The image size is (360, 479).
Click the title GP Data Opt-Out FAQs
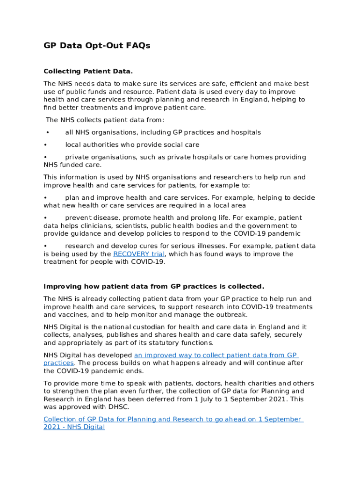(97, 46)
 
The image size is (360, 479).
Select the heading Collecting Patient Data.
(88, 71)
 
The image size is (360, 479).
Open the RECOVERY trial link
(139, 254)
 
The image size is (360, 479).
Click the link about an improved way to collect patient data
(216, 355)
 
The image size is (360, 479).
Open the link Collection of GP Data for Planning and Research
(173, 419)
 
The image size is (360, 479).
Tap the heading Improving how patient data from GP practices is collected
(154, 286)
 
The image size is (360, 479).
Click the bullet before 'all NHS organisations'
(47, 133)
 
